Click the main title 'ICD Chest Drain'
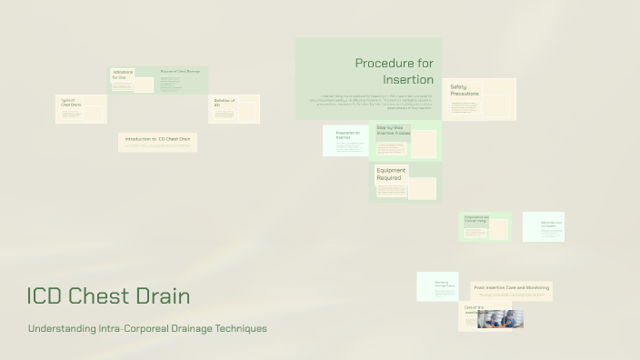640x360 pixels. click(x=108, y=295)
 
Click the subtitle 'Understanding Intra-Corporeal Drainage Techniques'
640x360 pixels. click(x=147, y=328)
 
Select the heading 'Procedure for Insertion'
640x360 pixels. click(x=395, y=71)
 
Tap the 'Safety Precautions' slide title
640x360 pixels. click(x=465, y=90)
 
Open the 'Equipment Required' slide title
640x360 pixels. click(x=391, y=174)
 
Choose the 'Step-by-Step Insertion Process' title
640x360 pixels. click(x=393, y=131)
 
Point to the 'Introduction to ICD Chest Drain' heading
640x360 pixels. click(x=157, y=139)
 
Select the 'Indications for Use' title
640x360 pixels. click(x=123, y=75)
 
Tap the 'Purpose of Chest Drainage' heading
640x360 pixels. click(x=180, y=71)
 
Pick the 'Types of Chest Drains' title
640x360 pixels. click(x=70, y=102)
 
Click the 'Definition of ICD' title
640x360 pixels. click(x=224, y=102)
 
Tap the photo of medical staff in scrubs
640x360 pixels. click(x=500, y=318)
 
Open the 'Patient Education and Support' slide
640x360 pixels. click(x=544, y=226)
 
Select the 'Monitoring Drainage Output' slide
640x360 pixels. click(x=437, y=285)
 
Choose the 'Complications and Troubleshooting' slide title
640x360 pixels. click(x=476, y=219)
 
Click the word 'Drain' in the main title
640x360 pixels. click(x=164, y=295)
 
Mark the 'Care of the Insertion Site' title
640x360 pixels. click(x=474, y=310)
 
